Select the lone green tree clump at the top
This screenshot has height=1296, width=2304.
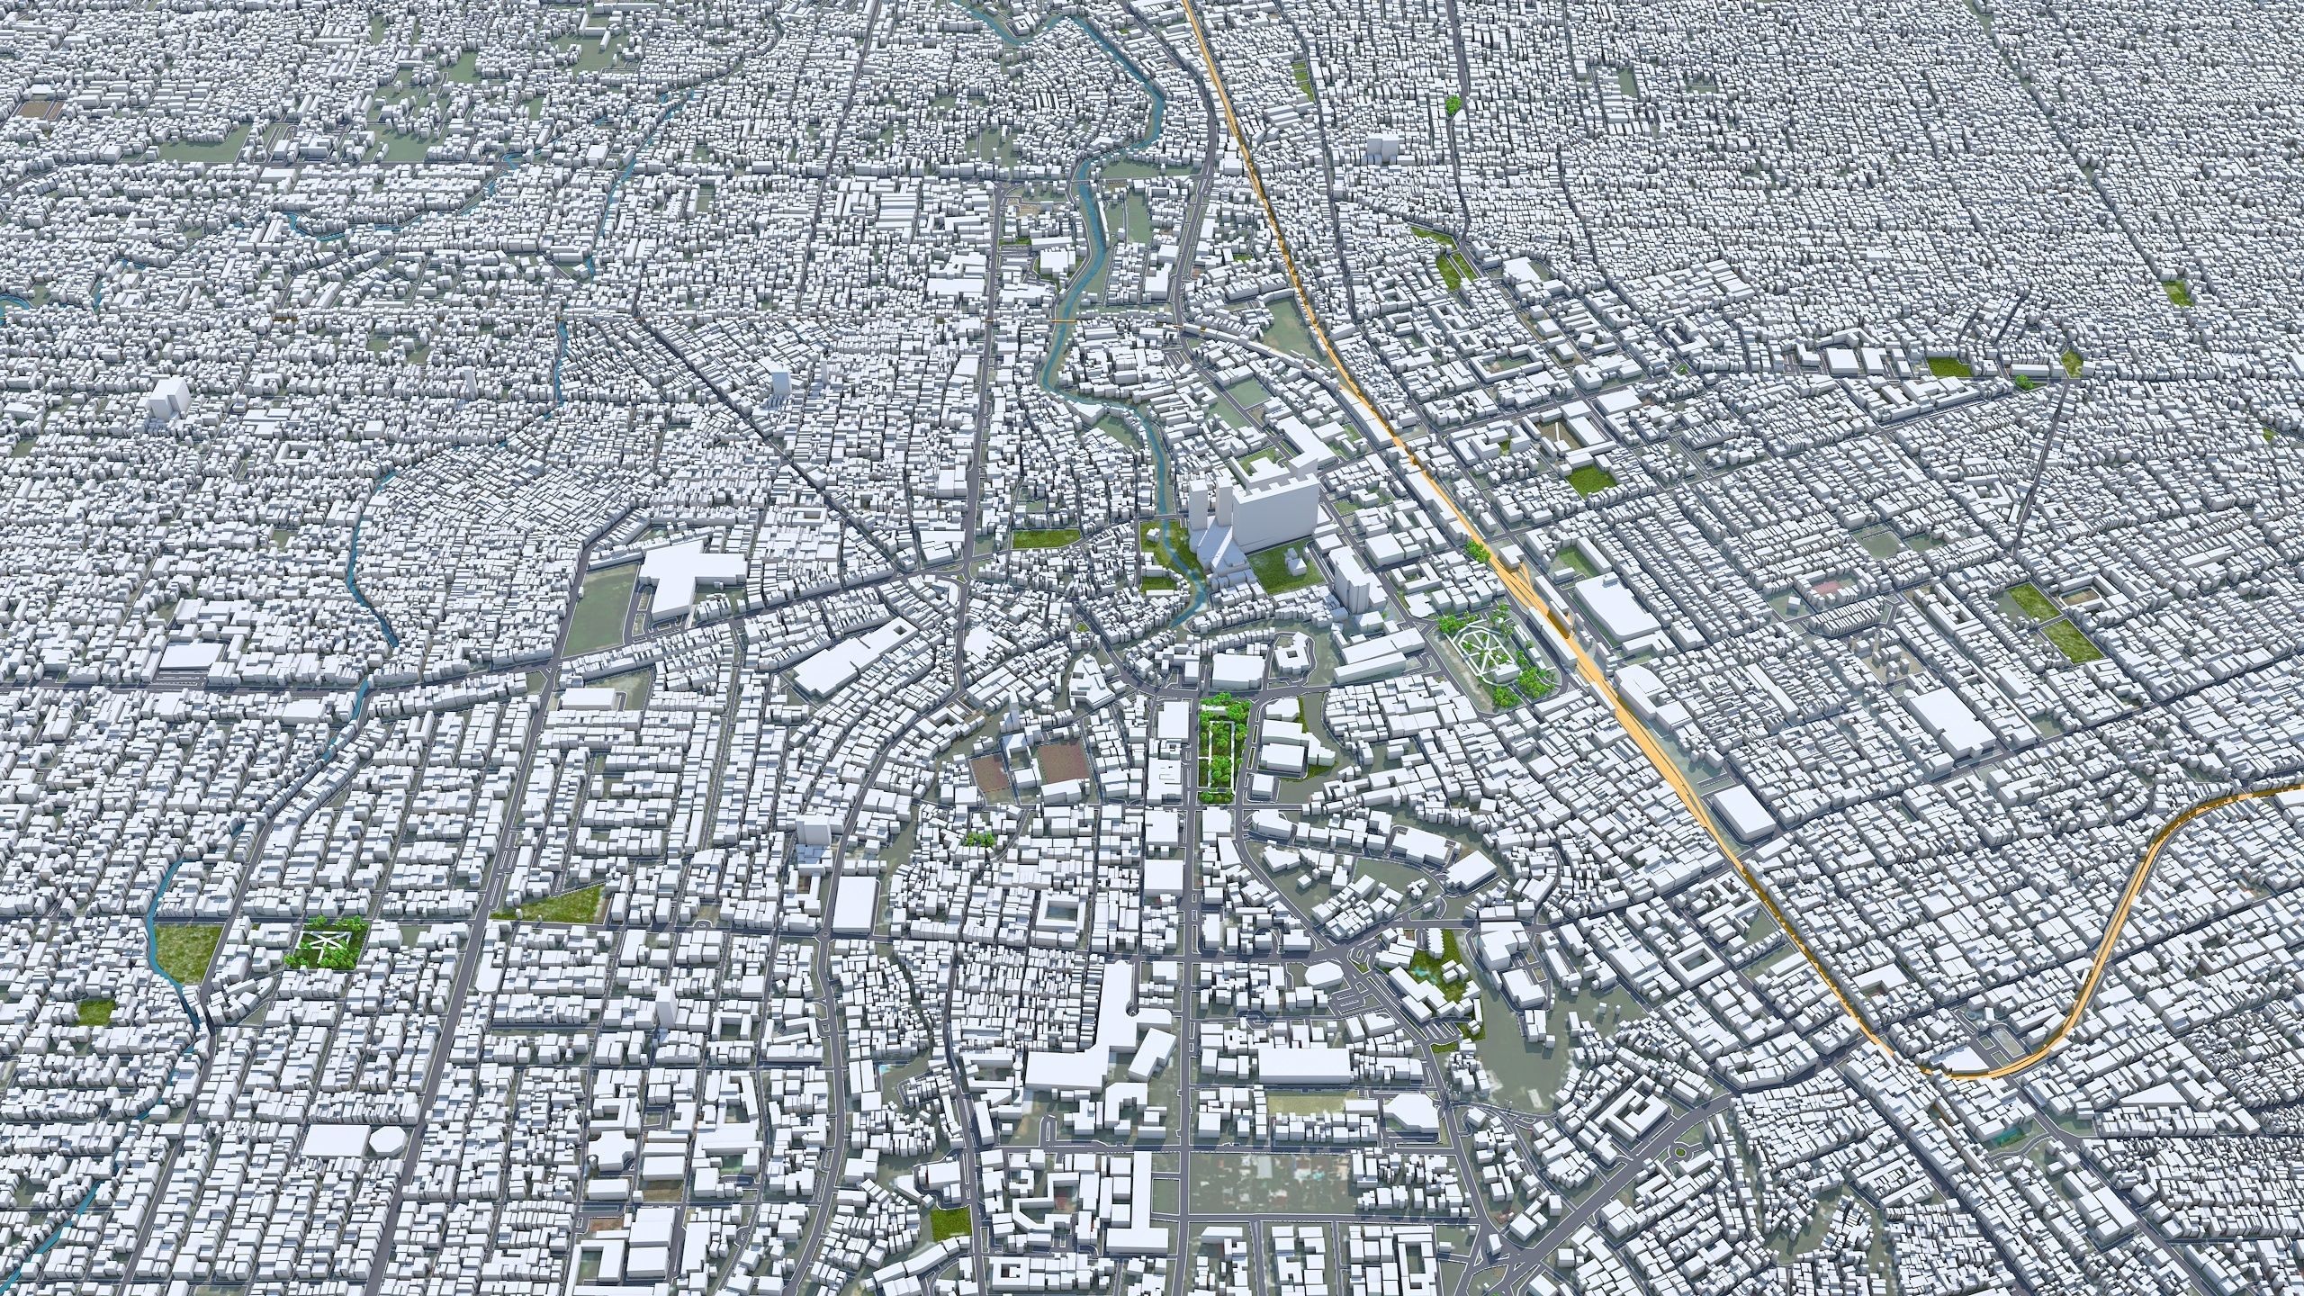1453,104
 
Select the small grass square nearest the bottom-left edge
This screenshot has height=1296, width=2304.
95,1012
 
